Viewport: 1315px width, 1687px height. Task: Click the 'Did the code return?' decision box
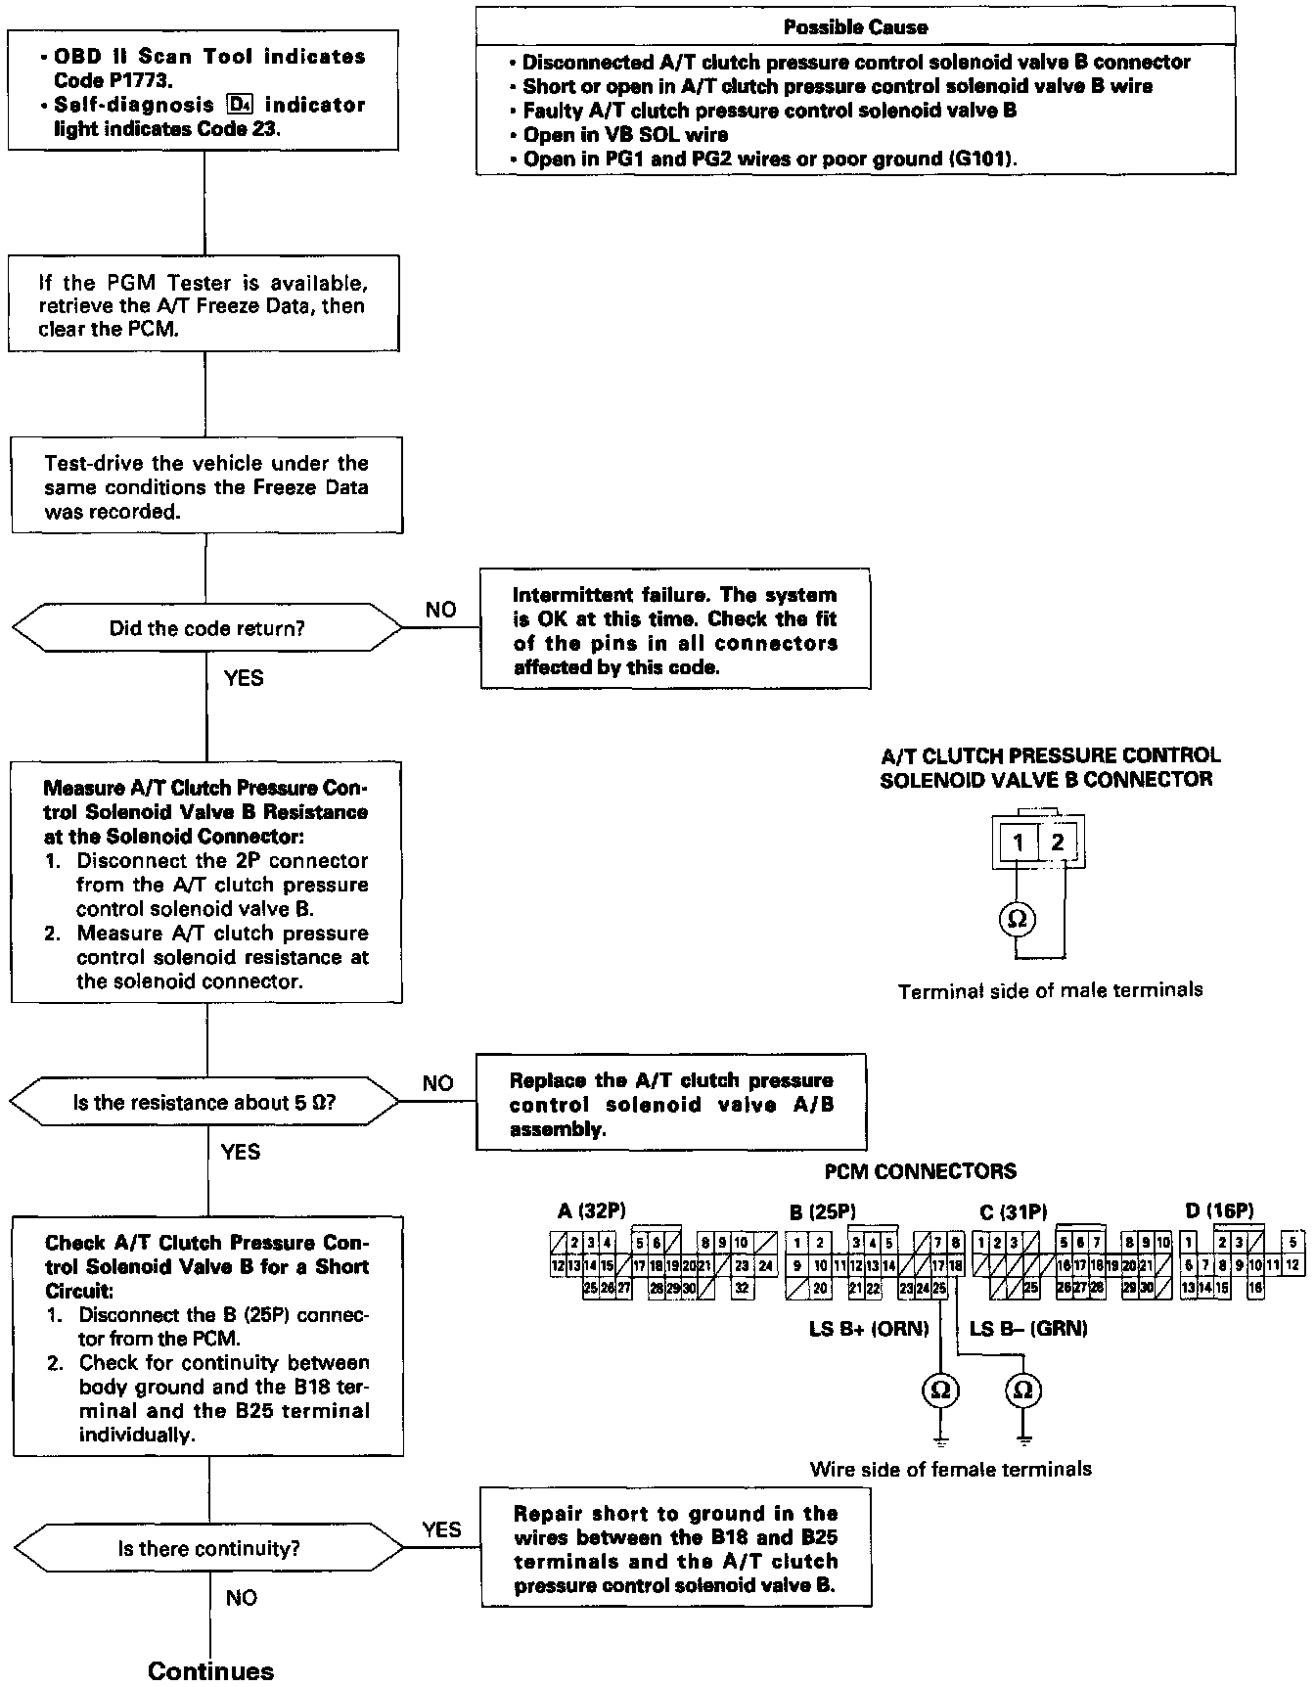click(x=206, y=628)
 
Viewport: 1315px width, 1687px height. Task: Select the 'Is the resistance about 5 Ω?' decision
click(x=205, y=1103)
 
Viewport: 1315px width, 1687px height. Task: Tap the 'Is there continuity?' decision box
click(x=208, y=1548)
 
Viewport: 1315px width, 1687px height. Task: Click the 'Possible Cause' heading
click(x=855, y=27)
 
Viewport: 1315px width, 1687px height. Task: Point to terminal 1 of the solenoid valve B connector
click(x=1018, y=843)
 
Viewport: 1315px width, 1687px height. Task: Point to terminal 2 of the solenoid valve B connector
click(x=1057, y=843)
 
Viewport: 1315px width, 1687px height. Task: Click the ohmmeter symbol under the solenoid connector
click(x=1017, y=919)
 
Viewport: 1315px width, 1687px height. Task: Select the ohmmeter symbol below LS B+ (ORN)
click(x=940, y=1391)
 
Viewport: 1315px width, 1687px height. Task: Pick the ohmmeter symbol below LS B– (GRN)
click(x=1023, y=1391)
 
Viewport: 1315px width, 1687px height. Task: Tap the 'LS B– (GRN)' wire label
click(x=1028, y=1329)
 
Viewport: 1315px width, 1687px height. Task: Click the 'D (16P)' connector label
click(x=1218, y=1211)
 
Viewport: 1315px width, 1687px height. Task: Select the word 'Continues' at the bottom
click(x=210, y=1670)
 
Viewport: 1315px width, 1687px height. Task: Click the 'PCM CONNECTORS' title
click(x=920, y=1171)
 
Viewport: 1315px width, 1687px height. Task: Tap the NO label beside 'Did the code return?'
click(x=440, y=610)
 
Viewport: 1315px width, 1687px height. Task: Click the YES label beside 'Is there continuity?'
click(x=441, y=1529)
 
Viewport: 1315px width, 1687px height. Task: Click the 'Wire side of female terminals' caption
click(x=950, y=1469)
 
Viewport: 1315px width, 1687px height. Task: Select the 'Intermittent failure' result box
click(x=675, y=631)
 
